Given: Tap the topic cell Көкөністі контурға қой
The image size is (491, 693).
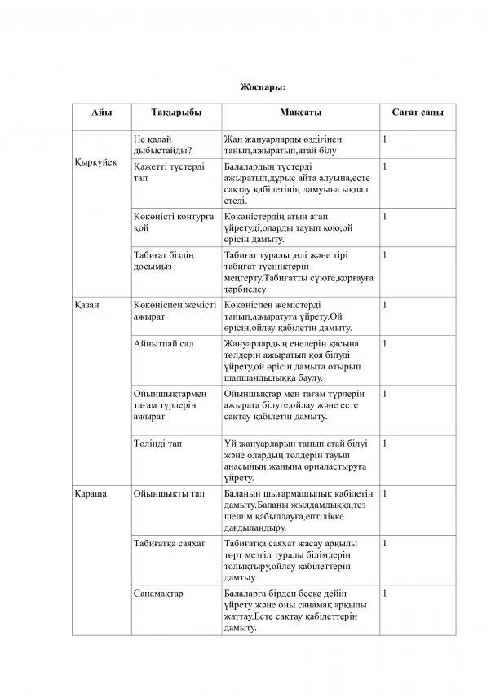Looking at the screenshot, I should click(173, 222).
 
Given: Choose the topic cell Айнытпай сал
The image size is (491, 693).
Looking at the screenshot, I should click(163, 343).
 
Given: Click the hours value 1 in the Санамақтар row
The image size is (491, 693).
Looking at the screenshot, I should click(384, 593).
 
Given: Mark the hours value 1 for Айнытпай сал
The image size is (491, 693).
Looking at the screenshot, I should click(384, 343).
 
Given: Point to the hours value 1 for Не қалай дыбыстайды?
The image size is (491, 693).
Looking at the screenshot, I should click(384, 139).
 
